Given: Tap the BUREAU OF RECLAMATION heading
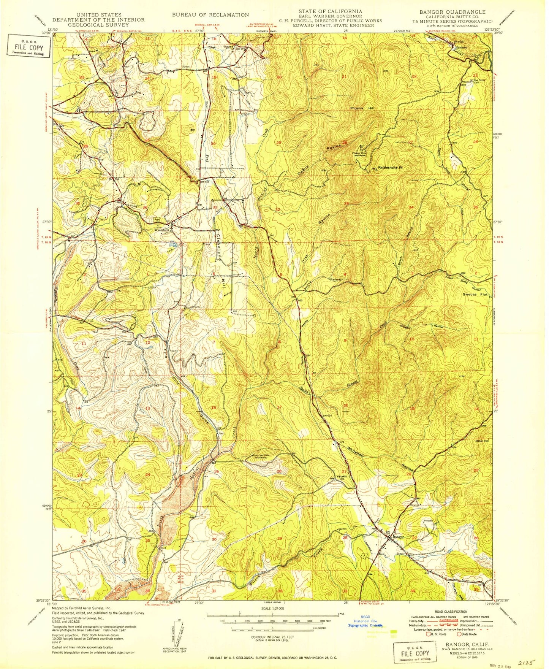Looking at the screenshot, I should [x=210, y=15].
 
